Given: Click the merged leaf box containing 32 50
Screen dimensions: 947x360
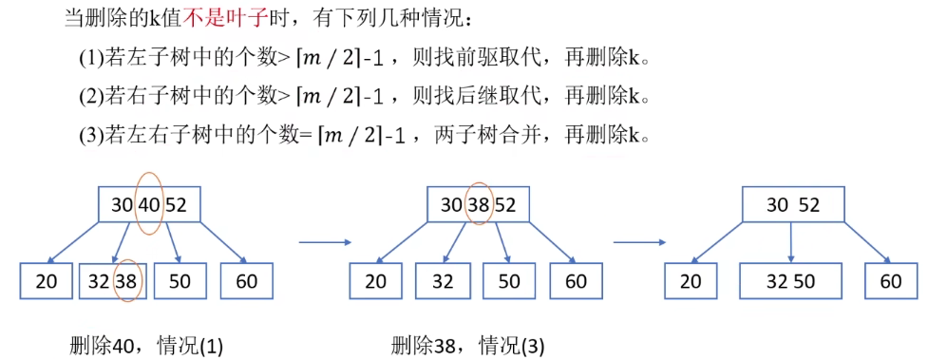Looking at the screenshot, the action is pos(791,281).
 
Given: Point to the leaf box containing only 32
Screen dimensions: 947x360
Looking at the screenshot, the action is pos(443,281).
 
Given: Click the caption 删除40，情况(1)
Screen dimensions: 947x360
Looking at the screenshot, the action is pos(146,346).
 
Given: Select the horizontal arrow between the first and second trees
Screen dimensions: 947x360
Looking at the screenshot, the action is pos(326,241).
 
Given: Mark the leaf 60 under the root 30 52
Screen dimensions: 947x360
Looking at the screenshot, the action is pos(890,281).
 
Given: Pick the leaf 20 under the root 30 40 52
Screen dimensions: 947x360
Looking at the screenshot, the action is pos(47,281).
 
